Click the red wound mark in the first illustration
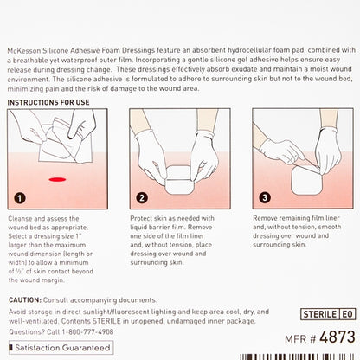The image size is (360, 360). tap(60, 178)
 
